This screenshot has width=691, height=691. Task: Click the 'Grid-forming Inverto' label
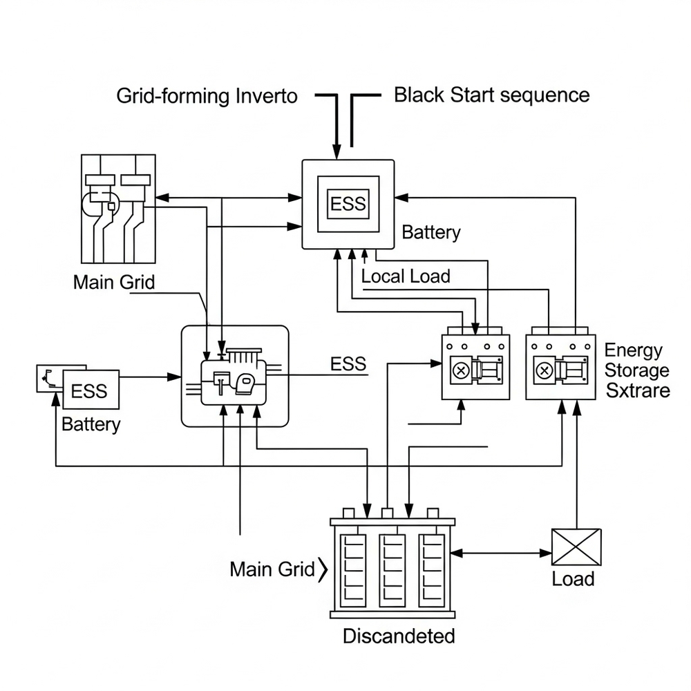(207, 95)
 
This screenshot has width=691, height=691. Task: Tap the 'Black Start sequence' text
(491, 95)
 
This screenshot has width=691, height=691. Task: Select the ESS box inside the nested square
(348, 205)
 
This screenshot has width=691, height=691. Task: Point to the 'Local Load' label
(406, 276)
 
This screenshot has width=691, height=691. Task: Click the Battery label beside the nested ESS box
(430, 232)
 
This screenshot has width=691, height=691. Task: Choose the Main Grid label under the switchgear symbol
(114, 282)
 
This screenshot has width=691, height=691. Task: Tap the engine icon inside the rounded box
(234, 377)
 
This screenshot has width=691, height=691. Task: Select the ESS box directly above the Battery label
(90, 391)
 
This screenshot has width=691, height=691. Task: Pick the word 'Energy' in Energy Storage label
(633, 350)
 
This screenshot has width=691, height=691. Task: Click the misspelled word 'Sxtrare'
(637, 390)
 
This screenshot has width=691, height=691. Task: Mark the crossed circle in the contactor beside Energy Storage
(544, 370)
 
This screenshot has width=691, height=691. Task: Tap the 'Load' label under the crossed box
(573, 578)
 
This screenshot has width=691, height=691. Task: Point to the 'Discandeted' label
(399, 636)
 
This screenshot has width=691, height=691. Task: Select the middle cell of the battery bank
(392, 567)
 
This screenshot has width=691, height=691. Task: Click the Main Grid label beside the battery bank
(272, 569)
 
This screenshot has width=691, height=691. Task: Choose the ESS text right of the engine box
(348, 364)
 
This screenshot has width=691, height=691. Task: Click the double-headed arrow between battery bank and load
(501, 552)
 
